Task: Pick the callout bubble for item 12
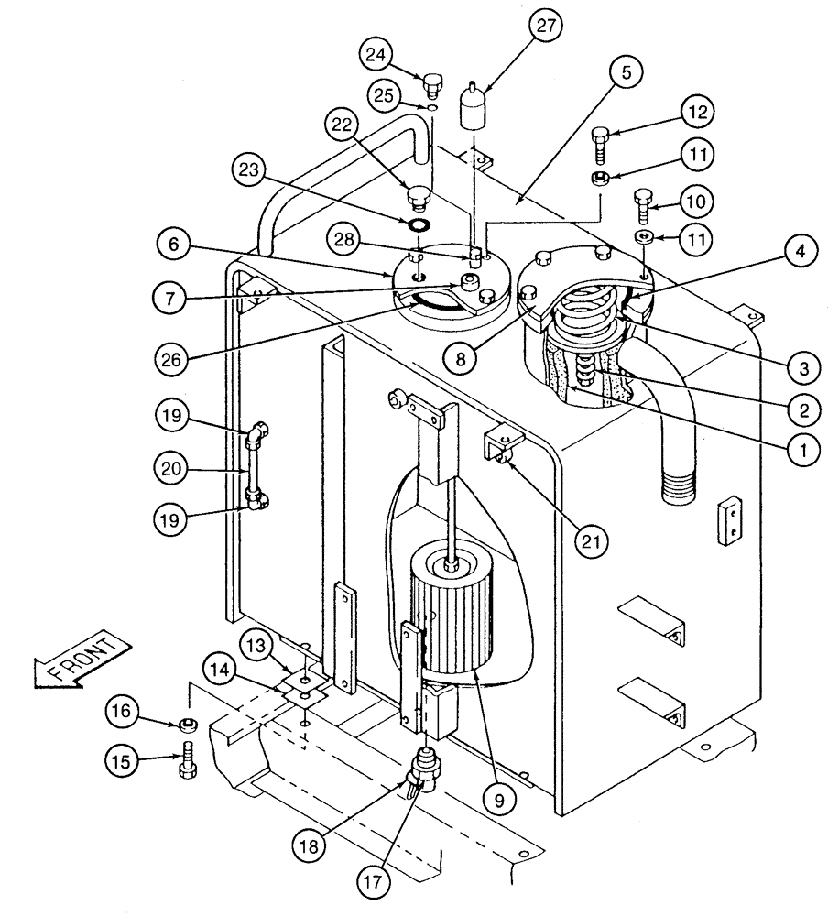click(x=697, y=112)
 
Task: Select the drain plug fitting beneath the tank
click(x=424, y=767)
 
